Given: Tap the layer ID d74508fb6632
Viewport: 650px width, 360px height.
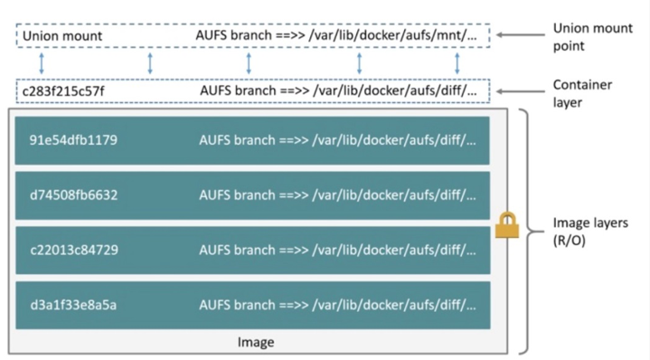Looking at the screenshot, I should click(73, 195).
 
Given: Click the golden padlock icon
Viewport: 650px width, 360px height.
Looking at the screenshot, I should click(505, 225).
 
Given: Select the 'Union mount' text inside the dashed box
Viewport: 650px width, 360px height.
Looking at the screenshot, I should click(62, 36).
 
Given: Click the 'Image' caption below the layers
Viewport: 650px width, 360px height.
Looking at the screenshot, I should click(255, 342).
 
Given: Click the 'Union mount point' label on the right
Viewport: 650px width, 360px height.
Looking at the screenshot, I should click(588, 36).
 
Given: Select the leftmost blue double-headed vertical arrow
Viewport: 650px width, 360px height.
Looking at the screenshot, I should click(38, 63).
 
